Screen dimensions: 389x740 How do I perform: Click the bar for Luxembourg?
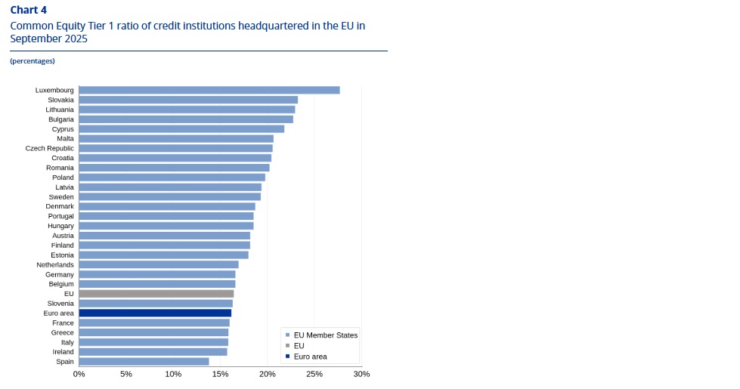tap(209, 90)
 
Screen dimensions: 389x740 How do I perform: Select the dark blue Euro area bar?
tap(155, 313)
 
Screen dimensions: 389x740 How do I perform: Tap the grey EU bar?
tap(156, 293)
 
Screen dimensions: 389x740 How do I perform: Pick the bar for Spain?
tap(144, 361)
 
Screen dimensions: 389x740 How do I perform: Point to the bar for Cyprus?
tap(181, 128)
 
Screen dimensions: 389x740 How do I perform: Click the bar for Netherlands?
tap(159, 264)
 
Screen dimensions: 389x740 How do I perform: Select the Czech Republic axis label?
tap(50, 148)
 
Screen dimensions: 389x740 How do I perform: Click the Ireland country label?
tap(63, 351)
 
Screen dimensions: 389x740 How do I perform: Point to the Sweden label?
tap(61, 196)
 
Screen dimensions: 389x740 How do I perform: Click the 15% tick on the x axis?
tap(220, 374)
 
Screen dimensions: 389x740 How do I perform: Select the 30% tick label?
tap(361, 374)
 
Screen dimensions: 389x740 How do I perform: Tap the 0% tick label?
tap(79, 374)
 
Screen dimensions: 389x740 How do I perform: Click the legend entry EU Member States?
tap(325, 335)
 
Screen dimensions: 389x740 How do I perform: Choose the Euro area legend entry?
tap(310, 356)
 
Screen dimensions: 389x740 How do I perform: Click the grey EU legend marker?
tap(288, 345)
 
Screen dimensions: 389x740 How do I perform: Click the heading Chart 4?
tap(28, 10)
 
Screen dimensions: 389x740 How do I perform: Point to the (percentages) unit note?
tap(33, 60)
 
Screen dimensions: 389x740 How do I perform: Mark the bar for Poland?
tap(172, 178)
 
